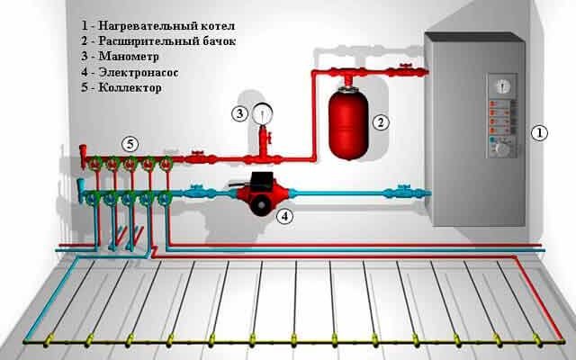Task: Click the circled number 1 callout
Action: pos(539,134)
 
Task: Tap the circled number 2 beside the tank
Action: pos(380,121)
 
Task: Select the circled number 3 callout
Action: pos(239,113)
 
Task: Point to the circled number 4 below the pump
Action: pos(284,216)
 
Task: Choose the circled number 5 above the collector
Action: pos(130,143)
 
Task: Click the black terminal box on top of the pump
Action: pos(261,179)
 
